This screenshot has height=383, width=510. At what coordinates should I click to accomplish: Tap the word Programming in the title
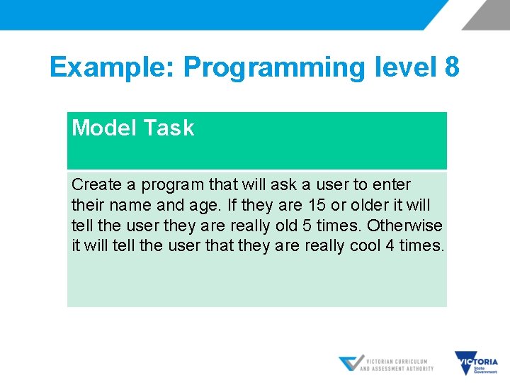coord(275,68)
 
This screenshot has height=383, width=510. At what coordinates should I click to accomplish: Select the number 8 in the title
coord(452,67)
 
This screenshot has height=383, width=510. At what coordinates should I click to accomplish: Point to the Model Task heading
coord(133,128)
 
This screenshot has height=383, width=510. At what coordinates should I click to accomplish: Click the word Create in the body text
coord(96,184)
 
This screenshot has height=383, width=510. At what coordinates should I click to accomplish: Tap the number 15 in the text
coord(317,205)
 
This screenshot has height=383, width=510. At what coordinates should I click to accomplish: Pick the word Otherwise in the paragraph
coord(404,226)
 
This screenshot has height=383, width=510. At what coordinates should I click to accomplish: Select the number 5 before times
coord(307,226)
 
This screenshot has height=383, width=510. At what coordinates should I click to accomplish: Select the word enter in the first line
coord(392,185)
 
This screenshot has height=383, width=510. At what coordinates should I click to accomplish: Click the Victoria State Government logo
coord(476,363)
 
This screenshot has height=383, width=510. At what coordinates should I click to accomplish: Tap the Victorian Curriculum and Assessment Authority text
coord(397,365)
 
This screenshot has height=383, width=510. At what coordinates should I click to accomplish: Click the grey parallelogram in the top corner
coord(486,15)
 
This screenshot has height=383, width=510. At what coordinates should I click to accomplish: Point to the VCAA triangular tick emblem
coord(351,362)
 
